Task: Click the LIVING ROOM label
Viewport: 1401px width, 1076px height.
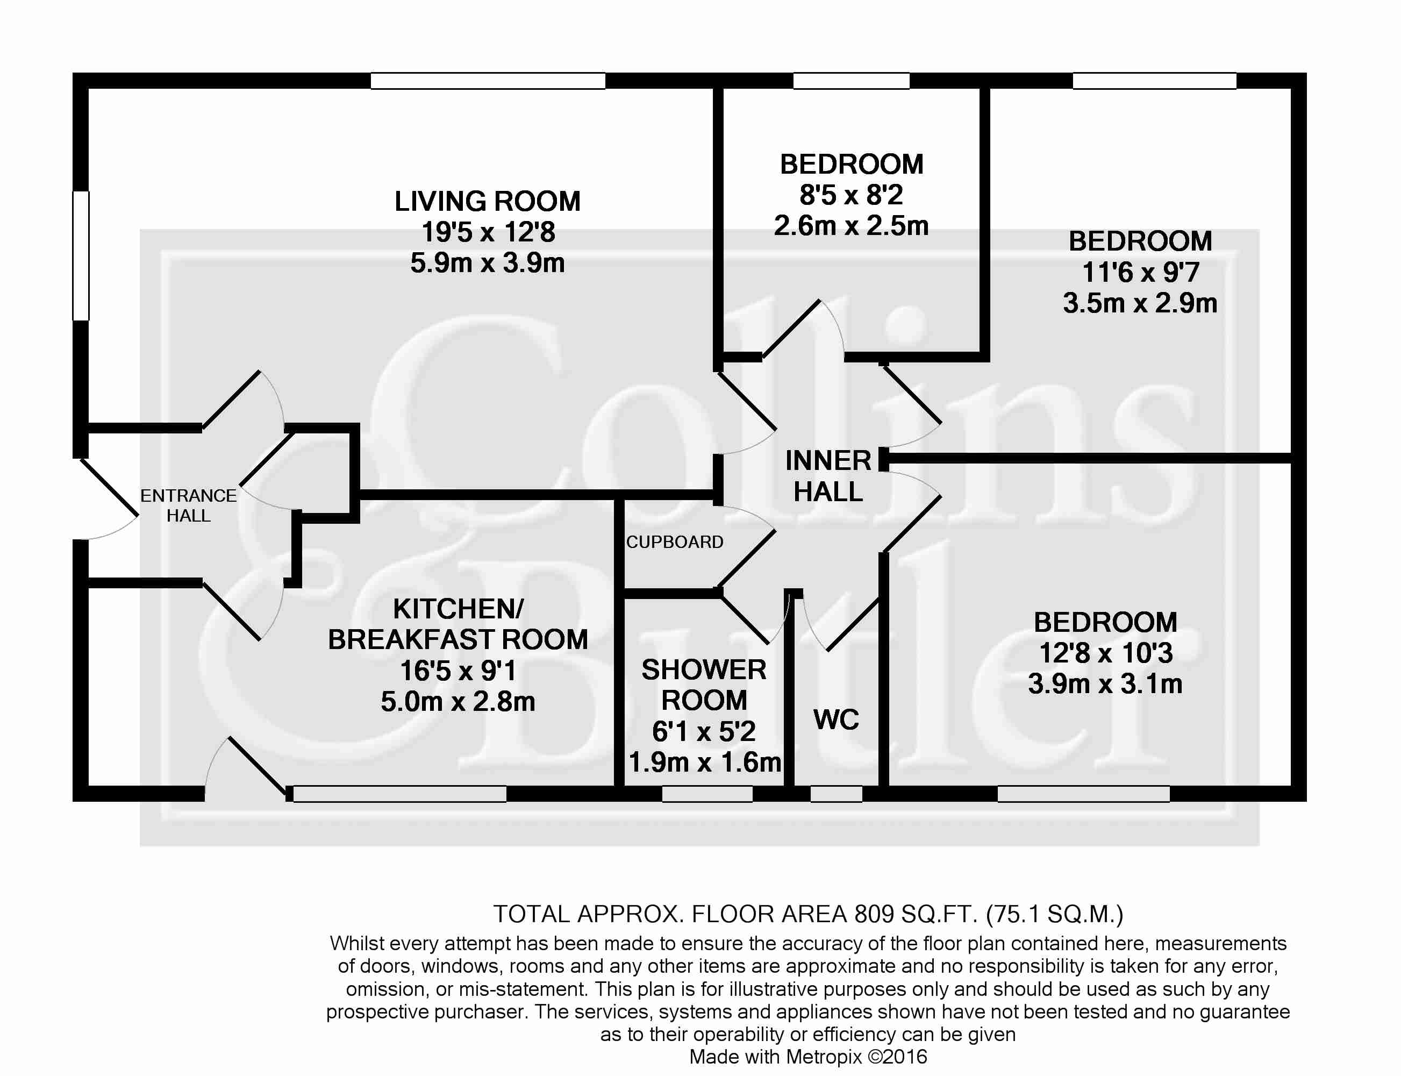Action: pos(487,201)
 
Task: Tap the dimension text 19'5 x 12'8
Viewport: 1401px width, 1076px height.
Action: pos(488,232)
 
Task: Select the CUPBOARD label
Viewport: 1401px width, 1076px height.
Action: pos(675,542)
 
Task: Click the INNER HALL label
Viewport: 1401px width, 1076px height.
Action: pos(828,476)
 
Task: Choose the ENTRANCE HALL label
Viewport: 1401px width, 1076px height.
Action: pos(188,505)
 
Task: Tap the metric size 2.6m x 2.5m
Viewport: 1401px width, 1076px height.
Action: pos(851,225)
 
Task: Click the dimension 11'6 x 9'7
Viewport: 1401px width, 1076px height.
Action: pos(1140,272)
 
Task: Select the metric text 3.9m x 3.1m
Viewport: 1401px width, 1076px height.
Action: pos(1105,684)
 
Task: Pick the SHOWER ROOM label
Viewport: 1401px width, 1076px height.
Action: pos(704,685)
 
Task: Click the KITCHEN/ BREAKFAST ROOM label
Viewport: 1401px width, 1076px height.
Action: pos(458,624)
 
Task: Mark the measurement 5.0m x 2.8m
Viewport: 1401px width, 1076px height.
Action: pos(458,701)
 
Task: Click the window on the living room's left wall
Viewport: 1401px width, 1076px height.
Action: pos(81,255)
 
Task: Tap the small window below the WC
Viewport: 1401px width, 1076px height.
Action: pos(837,794)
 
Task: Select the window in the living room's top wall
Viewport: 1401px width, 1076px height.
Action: pos(488,81)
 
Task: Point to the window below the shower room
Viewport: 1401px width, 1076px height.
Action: pos(707,794)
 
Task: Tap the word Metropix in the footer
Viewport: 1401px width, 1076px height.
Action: pos(825,1056)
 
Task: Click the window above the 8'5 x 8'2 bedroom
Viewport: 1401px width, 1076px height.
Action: pos(852,81)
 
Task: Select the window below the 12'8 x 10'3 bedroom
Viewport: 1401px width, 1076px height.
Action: pos(1083,794)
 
